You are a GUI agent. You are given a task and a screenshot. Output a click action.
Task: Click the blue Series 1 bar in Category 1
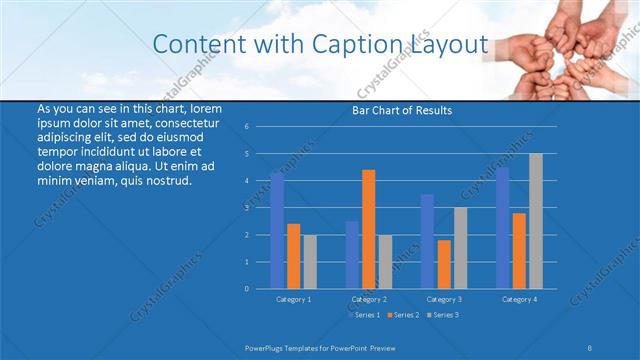pyautogui.click(x=277, y=231)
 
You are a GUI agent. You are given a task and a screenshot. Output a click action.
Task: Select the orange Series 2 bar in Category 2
pyautogui.click(x=368, y=229)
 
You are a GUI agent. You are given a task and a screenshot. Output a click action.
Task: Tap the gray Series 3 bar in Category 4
pyautogui.click(x=535, y=221)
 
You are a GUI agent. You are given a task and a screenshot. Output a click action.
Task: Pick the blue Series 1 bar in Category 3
pyautogui.click(x=427, y=241)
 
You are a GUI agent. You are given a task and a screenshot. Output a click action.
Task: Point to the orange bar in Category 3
pyautogui.click(x=443, y=264)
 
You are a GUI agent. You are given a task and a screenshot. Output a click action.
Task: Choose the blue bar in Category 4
pyautogui.click(x=502, y=228)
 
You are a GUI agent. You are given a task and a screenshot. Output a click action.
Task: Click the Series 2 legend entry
pyautogui.click(x=403, y=315)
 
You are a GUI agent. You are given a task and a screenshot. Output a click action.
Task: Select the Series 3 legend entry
pyautogui.click(x=443, y=315)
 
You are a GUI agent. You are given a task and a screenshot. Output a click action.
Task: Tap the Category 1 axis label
pyautogui.click(x=293, y=299)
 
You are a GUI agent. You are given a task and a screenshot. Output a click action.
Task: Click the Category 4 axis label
pyautogui.click(x=518, y=299)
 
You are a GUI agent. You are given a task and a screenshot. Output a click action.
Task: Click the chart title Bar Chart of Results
pyautogui.click(x=402, y=110)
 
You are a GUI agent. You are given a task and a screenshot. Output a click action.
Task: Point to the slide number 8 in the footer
pyautogui.click(x=590, y=347)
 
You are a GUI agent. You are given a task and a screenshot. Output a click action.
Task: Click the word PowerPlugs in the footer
pyautogui.click(x=268, y=347)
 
